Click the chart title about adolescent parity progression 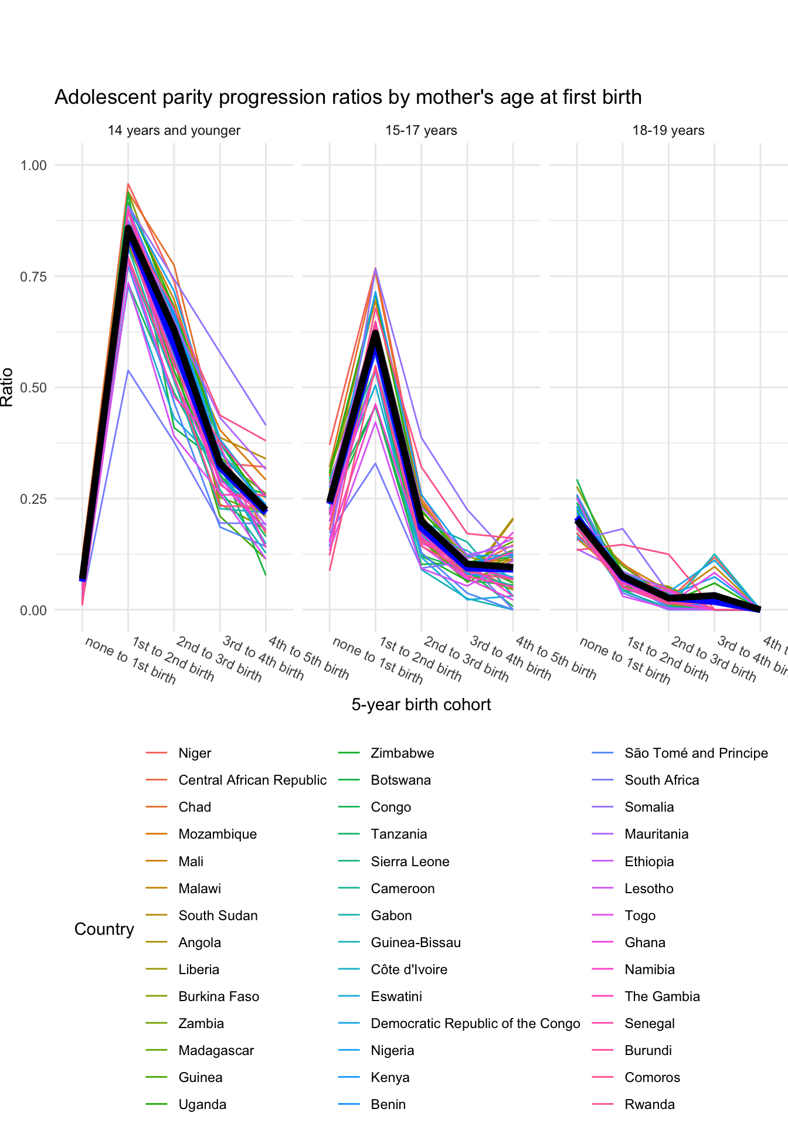348,97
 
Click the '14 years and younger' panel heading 174,131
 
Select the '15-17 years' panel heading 421,131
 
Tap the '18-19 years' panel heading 668,131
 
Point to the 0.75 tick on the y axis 33,276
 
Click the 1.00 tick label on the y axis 33,165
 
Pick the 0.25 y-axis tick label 33,499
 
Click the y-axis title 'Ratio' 7,387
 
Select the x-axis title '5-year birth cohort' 421,705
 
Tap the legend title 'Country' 104,930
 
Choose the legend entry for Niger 195,754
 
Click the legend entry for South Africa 661,781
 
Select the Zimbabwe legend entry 402,754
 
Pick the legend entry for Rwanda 650,1105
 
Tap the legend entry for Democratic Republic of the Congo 475,1024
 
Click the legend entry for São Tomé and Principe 696,754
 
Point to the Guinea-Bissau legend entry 416,943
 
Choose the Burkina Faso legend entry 219,997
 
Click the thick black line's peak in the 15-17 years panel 375,333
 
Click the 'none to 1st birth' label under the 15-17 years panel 378,660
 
